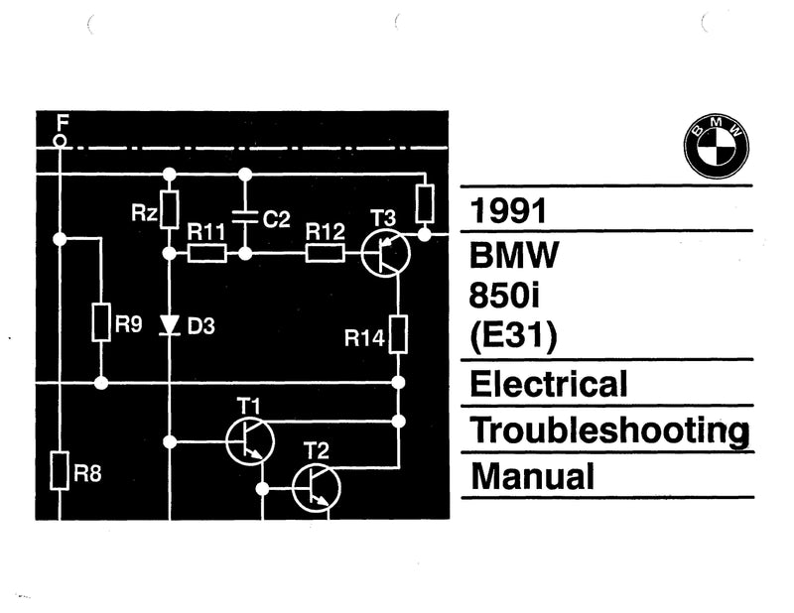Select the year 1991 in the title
[510, 212]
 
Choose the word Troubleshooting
[608, 429]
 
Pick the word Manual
[532, 476]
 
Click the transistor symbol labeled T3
[385, 253]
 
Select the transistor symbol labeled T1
[251, 440]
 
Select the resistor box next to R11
[206, 254]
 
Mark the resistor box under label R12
[326, 254]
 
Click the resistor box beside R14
[398, 334]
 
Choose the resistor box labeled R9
[101, 322]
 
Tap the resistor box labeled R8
[61, 470]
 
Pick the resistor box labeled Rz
[170, 210]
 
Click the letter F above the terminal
[63, 122]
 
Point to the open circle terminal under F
[61, 142]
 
